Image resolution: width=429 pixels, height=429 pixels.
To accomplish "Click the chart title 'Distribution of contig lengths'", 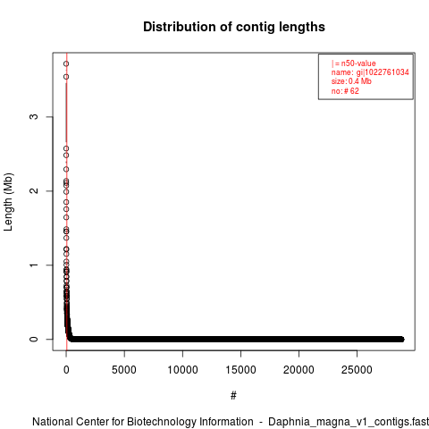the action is pyautogui.click(x=234, y=27).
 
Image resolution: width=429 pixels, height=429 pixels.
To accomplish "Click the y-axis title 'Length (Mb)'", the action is pyautogui.click(x=8, y=202).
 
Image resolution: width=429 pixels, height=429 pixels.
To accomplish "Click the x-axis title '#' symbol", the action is pyautogui.click(x=233, y=396).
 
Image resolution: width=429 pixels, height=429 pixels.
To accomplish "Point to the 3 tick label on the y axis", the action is pyautogui.click(x=34, y=117).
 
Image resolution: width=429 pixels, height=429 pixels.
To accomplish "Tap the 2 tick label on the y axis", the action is pyautogui.click(x=34, y=190).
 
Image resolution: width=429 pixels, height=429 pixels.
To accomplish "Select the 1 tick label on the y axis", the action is pyautogui.click(x=34, y=265).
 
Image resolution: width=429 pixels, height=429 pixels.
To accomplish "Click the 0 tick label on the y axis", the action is pyautogui.click(x=34, y=339).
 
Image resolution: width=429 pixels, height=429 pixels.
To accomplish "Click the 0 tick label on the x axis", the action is pyautogui.click(x=66, y=370).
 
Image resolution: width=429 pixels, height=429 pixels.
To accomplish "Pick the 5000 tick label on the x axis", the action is pyautogui.click(x=124, y=370).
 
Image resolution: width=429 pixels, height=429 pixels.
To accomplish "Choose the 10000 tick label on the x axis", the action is pyautogui.click(x=182, y=370).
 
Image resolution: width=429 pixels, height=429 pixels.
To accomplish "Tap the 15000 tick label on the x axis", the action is pyautogui.click(x=240, y=370).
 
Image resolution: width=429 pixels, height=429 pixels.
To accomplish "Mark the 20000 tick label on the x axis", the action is pyautogui.click(x=299, y=370).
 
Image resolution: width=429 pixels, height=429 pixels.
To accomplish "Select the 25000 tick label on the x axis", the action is pyautogui.click(x=357, y=370).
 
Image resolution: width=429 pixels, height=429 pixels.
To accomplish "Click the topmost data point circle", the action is pyautogui.click(x=66, y=63).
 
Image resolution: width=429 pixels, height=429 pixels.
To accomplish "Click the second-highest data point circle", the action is pyautogui.click(x=66, y=77).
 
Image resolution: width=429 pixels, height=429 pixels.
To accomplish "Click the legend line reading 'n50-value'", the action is pyautogui.click(x=354, y=63).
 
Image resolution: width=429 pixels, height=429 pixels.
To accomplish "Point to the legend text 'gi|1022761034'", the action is pyautogui.click(x=383, y=72).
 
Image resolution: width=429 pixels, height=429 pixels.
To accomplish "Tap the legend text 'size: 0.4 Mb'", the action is pyautogui.click(x=351, y=81).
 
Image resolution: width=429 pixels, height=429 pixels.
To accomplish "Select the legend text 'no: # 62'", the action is pyautogui.click(x=345, y=91).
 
